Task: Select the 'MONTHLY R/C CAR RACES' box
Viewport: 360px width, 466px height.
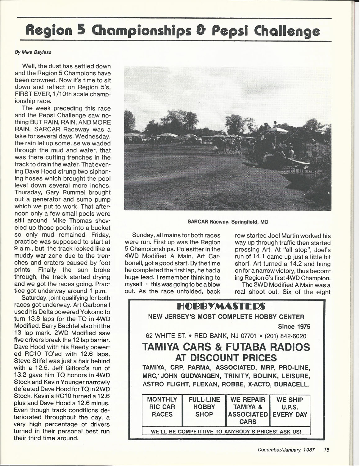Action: (162, 407)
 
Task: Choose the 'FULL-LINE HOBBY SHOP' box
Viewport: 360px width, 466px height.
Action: (204, 407)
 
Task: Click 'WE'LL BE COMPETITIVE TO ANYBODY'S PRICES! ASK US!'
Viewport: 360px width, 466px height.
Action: (226, 431)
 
